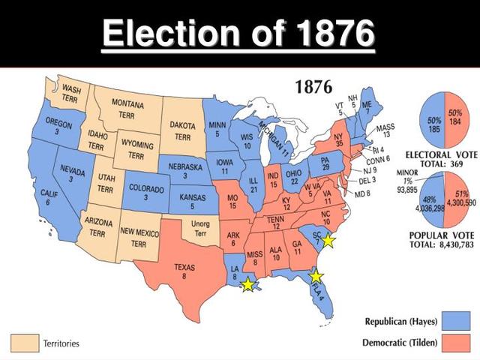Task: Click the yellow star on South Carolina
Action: point(328,241)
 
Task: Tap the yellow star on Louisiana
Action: point(247,285)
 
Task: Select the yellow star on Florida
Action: point(316,276)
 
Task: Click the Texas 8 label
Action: point(184,271)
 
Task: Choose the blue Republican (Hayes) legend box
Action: point(456,321)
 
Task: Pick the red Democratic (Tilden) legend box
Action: point(456,341)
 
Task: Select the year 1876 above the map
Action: point(313,87)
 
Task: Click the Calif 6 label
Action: point(46,197)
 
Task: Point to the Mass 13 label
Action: point(385,130)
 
